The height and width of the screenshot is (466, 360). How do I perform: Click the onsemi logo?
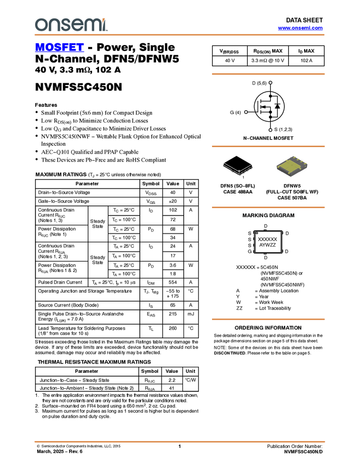click(71, 25)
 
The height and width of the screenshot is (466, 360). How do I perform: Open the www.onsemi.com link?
click(300, 28)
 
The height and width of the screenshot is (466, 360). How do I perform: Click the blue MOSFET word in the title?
click(59, 47)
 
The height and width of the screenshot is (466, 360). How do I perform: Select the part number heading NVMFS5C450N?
click(78, 87)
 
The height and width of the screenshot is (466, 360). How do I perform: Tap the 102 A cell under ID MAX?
click(306, 60)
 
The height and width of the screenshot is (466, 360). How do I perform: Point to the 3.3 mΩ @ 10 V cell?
click(267, 60)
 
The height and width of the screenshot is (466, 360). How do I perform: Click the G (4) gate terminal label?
click(235, 112)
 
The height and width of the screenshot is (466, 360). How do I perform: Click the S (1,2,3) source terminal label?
click(283, 129)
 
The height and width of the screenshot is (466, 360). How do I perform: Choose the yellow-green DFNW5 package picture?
click(292, 166)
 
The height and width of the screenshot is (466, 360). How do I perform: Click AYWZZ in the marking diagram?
click(267, 245)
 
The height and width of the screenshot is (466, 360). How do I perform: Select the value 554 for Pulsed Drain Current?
click(173, 282)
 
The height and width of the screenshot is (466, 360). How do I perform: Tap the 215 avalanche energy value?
click(173, 314)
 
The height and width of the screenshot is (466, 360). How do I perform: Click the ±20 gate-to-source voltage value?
click(173, 201)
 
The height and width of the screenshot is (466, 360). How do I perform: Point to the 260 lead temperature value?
click(173, 328)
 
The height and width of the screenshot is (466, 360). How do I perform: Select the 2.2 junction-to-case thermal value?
click(172, 380)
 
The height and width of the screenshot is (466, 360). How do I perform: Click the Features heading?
click(46, 105)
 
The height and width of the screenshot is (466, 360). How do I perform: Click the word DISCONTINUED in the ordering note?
click(230, 353)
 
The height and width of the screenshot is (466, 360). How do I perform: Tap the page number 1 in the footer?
click(179, 446)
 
